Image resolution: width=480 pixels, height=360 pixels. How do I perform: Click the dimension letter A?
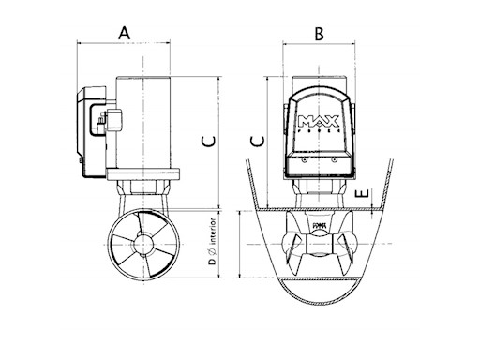click(124, 33)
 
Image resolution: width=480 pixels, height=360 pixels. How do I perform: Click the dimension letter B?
click(319, 34)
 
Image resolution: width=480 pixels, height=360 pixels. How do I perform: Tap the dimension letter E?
click(373, 200)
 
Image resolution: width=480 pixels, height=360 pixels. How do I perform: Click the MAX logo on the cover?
click(320, 120)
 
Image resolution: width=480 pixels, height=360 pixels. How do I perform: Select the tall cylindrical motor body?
click(145, 122)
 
